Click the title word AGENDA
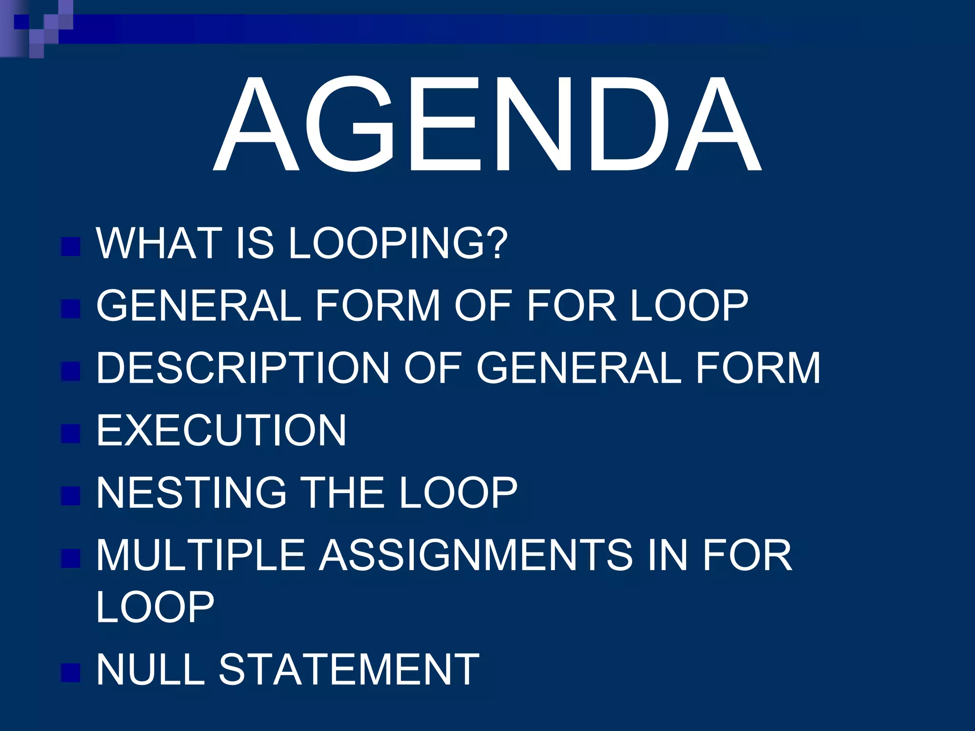tap(487, 124)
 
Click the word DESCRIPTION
tap(243, 368)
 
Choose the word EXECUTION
tap(221, 430)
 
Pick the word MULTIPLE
tap(200, 555)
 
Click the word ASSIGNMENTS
tap(477, 555)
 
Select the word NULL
tap(150, 669)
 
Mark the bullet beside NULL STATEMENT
tap(70, 672)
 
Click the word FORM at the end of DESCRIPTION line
tap(758, 368)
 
